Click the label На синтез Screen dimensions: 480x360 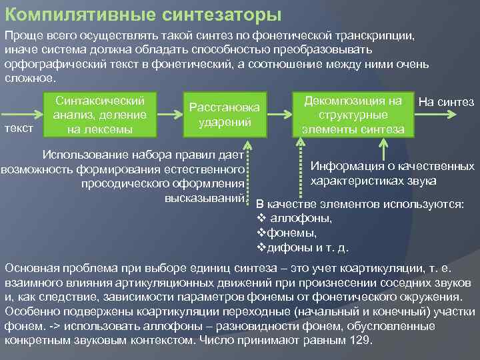tap(446, 102)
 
